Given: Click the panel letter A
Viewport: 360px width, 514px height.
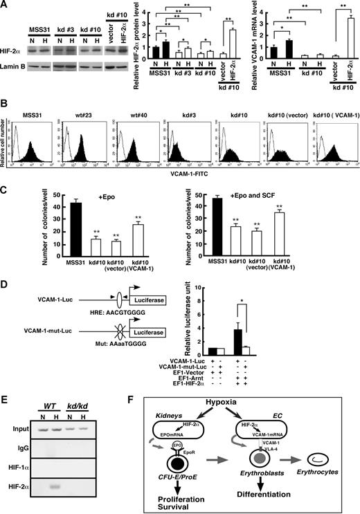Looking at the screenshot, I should pyautogui.click(x=5, y=6).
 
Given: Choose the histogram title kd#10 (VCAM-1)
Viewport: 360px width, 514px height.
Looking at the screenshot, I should pyautogui.click(x=333, y=109).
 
